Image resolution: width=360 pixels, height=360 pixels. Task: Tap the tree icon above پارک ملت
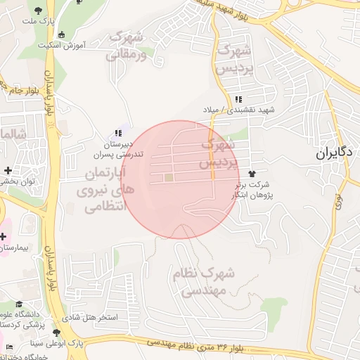[37, 9]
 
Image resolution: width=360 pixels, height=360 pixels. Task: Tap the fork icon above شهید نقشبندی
[240, 99]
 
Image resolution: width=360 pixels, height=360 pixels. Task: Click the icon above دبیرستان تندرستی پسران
[118, 132]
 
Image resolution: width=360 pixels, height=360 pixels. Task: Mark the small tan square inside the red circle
[169, 177]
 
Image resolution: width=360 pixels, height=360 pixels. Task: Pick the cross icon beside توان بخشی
[8, 170]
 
